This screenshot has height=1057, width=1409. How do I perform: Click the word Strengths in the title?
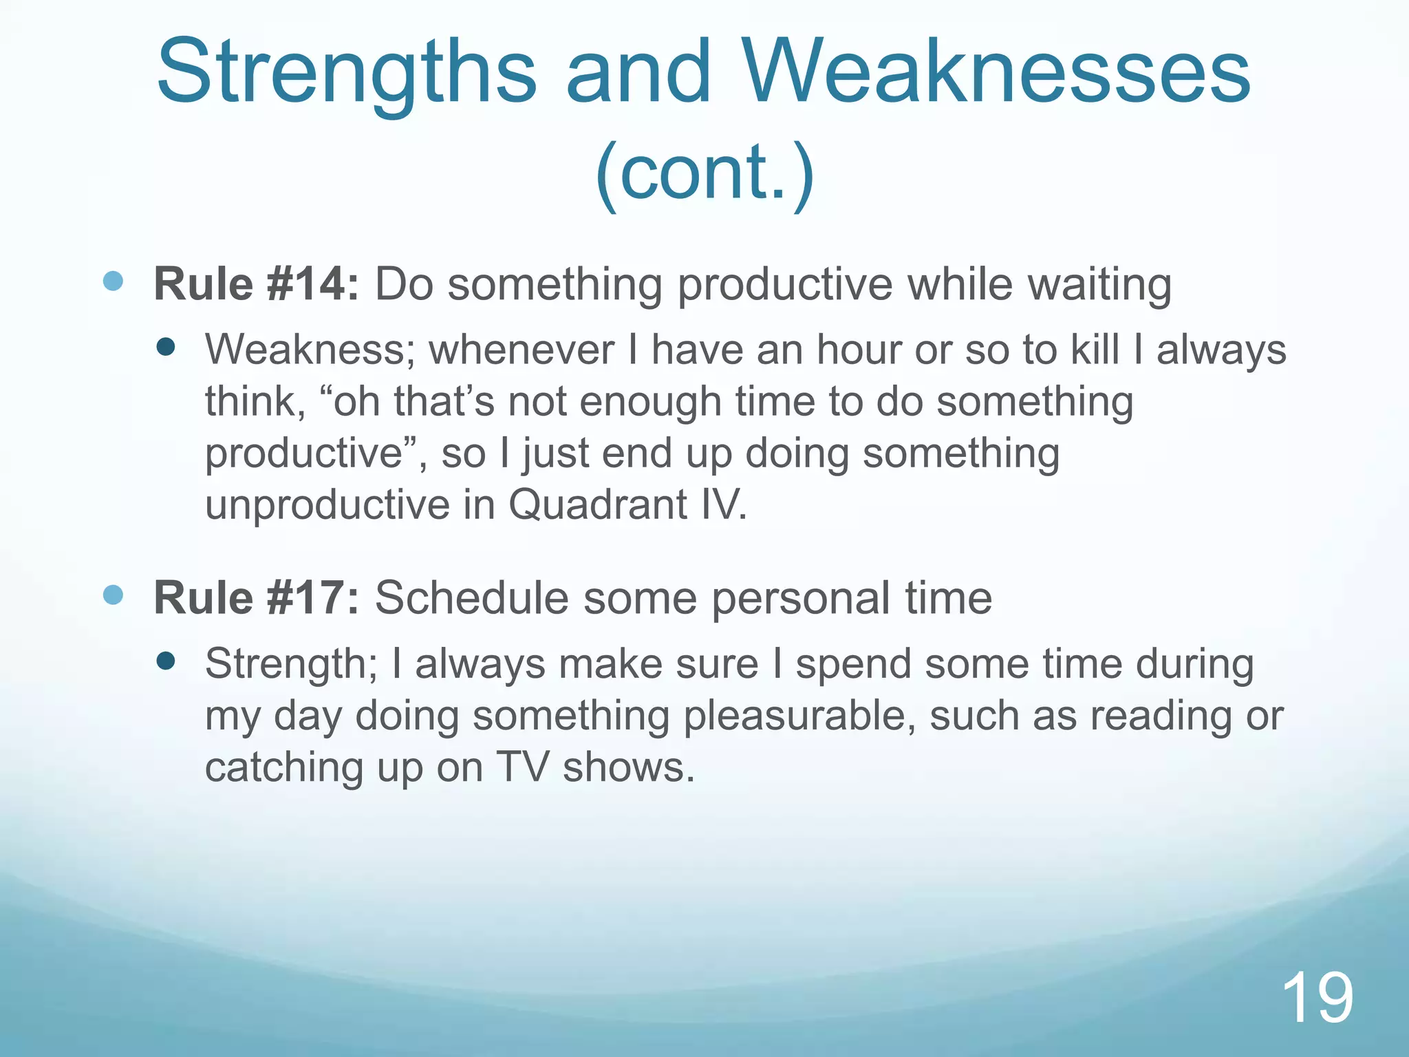tap(346, 74)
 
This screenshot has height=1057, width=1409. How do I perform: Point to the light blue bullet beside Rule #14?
tap(113, 281)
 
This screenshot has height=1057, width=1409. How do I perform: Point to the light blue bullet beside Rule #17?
tap(113, 595)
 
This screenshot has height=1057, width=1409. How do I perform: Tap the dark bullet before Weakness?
tap(166, 347)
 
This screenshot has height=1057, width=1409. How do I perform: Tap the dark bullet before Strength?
tap(166, 661)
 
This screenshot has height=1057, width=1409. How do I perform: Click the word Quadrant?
tap(598, 504)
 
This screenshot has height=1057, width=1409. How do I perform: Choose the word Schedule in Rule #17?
tap(471, 597)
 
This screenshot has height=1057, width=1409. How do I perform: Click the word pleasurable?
tap(799, 716)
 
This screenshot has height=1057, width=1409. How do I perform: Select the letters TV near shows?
tap(522, 767)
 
